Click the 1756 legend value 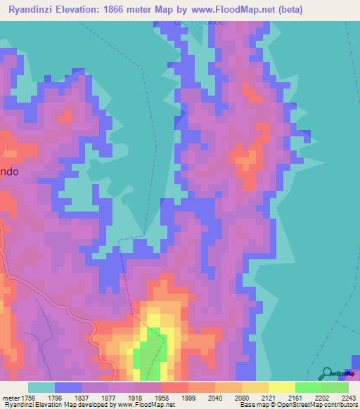(28, 398)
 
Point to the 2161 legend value (299, 398)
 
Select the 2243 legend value (349, 398)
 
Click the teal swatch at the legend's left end (41, 387)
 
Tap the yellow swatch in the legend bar (281, 387)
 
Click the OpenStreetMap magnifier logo (328, 374)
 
